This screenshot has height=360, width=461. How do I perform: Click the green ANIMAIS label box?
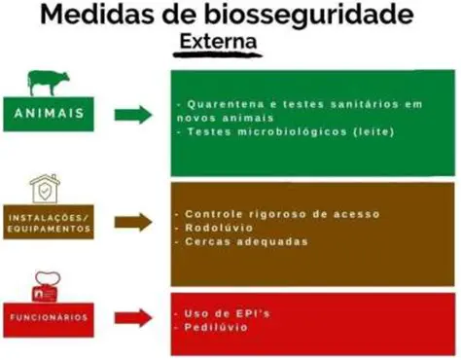[x=47, y=115]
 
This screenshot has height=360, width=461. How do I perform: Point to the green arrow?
[x=133, y=116]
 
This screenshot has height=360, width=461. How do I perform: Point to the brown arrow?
[x=133, y=222]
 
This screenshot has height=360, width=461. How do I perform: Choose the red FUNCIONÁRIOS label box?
[x=48, y=317]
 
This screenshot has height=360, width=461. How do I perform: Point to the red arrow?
[x=133, y=316]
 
